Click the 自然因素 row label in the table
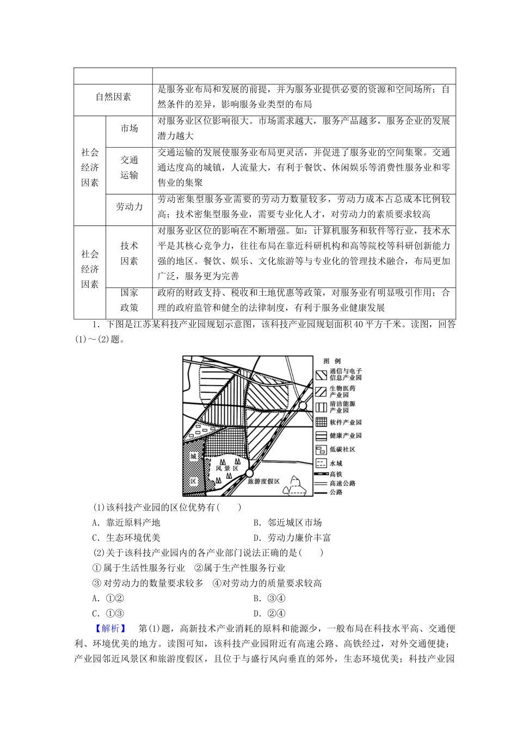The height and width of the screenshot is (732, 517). (113, 97)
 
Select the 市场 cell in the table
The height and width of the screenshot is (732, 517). (129, 129)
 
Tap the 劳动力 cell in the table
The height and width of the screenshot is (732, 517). (129, 206)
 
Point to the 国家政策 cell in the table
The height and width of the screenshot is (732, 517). (129, 300)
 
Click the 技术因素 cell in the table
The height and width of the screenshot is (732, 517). (129, 253)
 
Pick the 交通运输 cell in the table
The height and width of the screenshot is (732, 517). (129, 167)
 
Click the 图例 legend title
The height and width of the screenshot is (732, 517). (331, 361)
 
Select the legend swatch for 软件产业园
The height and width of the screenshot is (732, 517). (321, 422)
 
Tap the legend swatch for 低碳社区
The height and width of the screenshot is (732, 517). (321, 449)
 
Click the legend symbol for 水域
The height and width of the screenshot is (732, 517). (321, 463)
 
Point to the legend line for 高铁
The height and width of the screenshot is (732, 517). (321, 474)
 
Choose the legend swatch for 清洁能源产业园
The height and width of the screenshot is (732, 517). (321, 406)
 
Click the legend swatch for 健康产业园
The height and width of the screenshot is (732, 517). (321, 436)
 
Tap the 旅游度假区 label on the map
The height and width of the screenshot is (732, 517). (263, 481)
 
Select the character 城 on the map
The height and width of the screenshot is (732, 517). (193, 456)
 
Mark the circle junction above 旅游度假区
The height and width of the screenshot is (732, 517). (249, 472)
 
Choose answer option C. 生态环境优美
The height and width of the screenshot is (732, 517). (127, 538)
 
